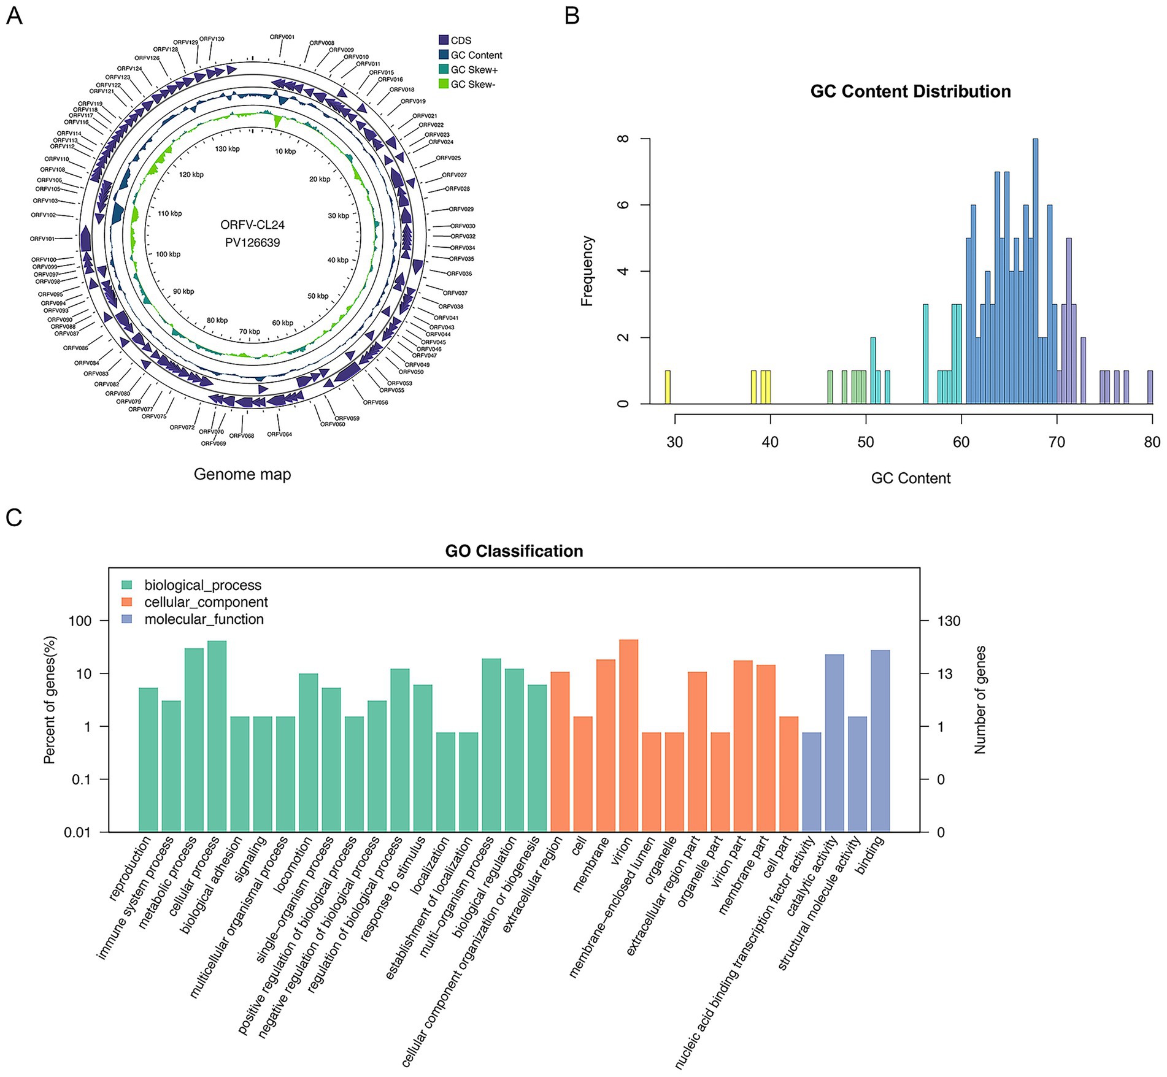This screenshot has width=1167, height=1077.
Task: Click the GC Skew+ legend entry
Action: [x=474, y=70]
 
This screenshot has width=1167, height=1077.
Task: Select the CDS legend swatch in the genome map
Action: [x=444, y=40]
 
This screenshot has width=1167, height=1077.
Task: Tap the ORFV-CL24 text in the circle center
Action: [x=252, y=225]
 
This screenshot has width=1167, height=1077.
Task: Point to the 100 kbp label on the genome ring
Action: [x=168, y=254]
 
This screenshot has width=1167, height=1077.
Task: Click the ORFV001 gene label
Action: [x=282, y=37]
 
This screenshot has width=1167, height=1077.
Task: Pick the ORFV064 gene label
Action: [x=279, y=434]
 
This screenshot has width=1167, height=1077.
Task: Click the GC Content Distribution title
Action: [x=910, y=91]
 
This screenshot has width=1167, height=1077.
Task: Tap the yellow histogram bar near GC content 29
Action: [x=668, y=387]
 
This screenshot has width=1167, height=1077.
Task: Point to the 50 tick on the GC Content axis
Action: [x=865, y=442]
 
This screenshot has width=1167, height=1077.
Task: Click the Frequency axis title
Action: [x=587, y=271]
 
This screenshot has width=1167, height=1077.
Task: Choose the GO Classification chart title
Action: [x=514, y=551]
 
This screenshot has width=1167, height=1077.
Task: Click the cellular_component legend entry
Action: [x=206, y=602]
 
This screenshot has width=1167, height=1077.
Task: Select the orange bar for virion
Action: [x=629, y=735]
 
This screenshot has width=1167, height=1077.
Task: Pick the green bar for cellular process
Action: [x=217, y=736]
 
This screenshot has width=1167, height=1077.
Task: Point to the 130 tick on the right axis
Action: [x=949, y=621]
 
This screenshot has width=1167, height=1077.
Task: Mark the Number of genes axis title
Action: [x=980, y=700]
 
